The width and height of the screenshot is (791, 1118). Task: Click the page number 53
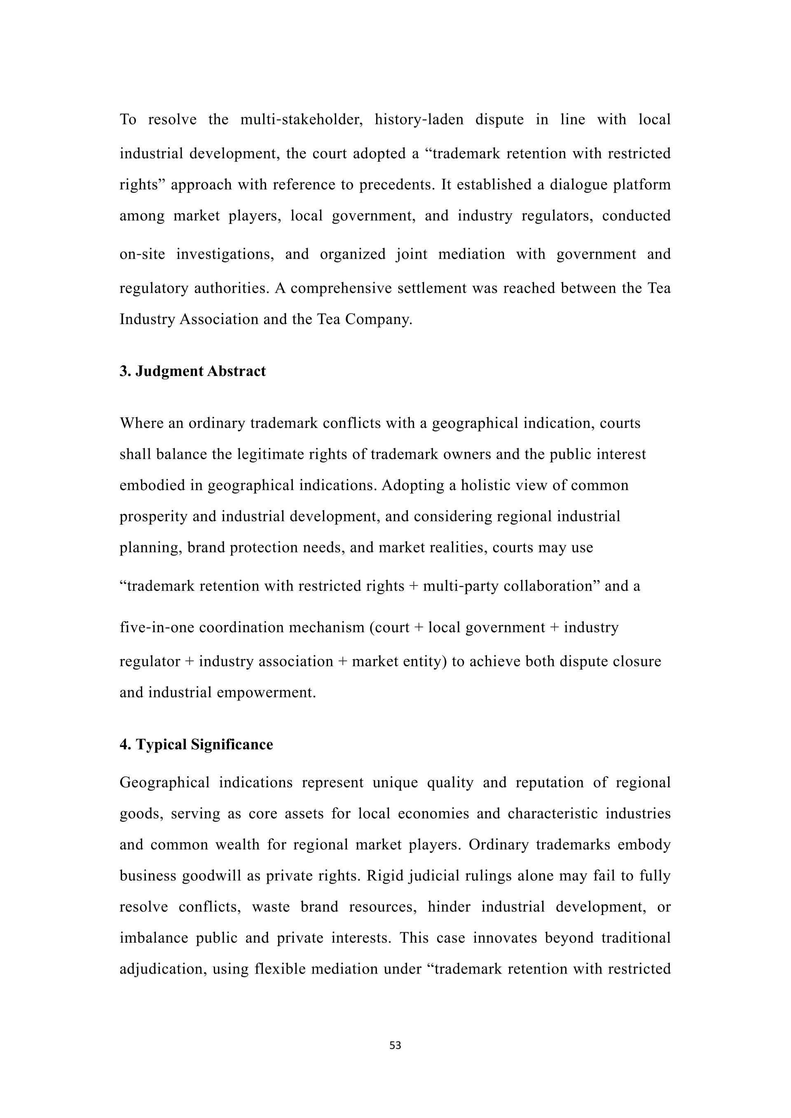395,1046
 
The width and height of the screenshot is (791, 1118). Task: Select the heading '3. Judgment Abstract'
192,371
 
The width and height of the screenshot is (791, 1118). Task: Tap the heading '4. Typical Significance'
196,745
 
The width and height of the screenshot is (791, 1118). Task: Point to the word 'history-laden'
419,119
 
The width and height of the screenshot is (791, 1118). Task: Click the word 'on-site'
142,254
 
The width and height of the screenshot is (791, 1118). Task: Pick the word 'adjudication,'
160,969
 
